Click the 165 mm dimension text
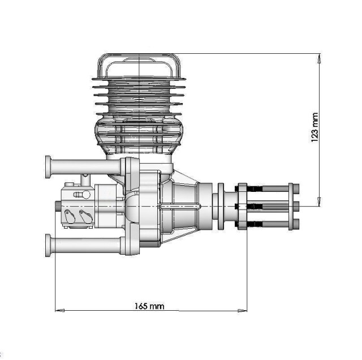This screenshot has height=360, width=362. click(x=149, y=306)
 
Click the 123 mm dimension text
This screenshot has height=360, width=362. click(x=315, y=128)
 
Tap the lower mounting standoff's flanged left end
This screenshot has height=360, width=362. click(x=48, y=245)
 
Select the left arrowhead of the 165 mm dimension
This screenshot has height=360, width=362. click(x=59, y=310)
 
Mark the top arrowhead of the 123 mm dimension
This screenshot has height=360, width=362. click(x=319, y=58)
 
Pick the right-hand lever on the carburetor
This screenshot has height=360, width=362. click(x=86, y=216)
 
